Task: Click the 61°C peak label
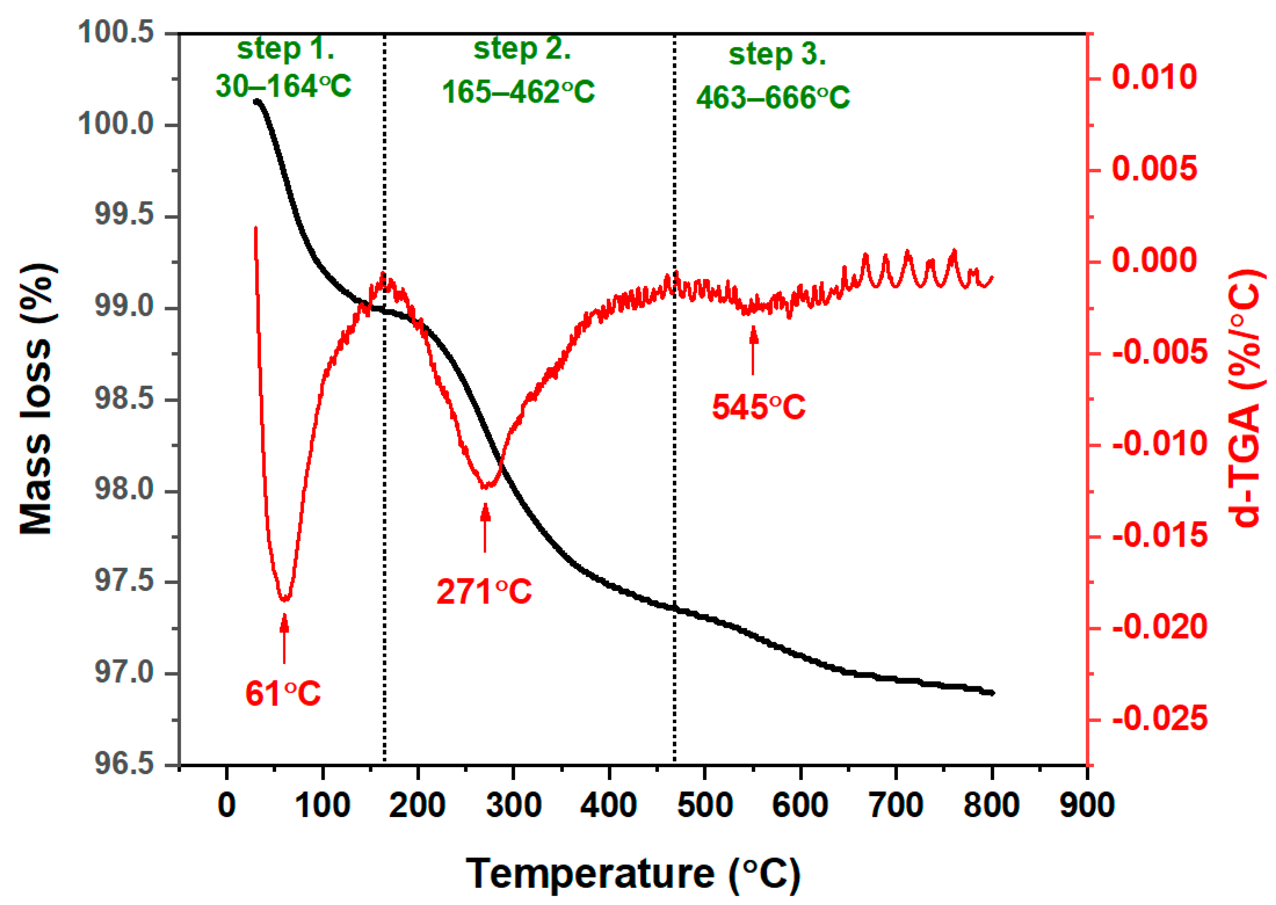click(x=283, y=694)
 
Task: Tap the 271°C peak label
click(x=484, y=592)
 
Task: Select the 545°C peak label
click(x=758, y=407)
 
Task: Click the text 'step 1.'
click(x=285, y=49)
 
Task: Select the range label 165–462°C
click(x=518, y=92)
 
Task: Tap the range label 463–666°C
click(x=773, y=98)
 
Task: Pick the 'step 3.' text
click(x=777, y=55)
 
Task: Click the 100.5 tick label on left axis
click(x=116, y=32)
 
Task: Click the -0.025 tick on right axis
click(x=1159, y=719)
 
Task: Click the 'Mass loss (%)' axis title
click(x=37, y=399)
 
